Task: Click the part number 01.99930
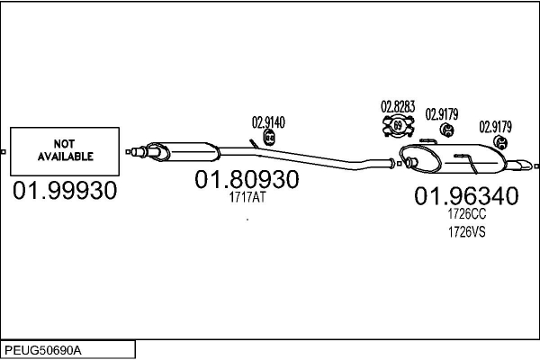coord(65,191)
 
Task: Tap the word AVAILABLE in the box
coord(66,157)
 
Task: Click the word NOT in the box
coord(65,144)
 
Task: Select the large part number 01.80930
coord(247,179)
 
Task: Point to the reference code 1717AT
coord(247,197)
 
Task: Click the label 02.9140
coord(268,122)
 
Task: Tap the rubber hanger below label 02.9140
coord(269,138)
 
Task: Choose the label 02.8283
coord(398,107)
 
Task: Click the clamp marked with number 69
coord(398,126)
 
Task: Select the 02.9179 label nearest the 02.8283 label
coord(442,114)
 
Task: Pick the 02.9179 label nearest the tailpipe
coord(495,127)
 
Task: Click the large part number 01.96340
coord(466,196)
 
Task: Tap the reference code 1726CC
coord(466,214)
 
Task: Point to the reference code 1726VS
coord(466,232)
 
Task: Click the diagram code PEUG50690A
coord(43,351)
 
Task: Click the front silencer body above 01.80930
coord(184,152)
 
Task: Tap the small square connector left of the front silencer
coord(128,152)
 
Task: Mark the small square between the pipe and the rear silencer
coord(399,164)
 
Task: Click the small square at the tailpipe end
coord(536,166)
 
